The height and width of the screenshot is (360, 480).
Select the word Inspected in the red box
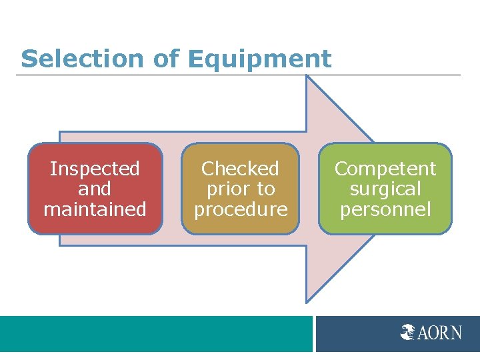click(x=95, y=169)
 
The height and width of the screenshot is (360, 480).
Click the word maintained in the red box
click(x=95, y=209)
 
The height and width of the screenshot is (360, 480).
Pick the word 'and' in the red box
click(x=95, y=189)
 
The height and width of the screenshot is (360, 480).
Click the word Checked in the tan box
click(x=240, y=169)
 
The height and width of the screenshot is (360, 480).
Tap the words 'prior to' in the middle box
click(x=240, y=189)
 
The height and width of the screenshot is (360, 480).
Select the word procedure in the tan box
click(x=240, y=209)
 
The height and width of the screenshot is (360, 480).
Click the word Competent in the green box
click(x=385, y=169)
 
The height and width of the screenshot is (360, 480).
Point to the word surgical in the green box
click(x=385, y=189)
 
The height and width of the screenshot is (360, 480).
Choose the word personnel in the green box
click(x=385, y=209)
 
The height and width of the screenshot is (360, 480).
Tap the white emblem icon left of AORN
click(x=408, y=332)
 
